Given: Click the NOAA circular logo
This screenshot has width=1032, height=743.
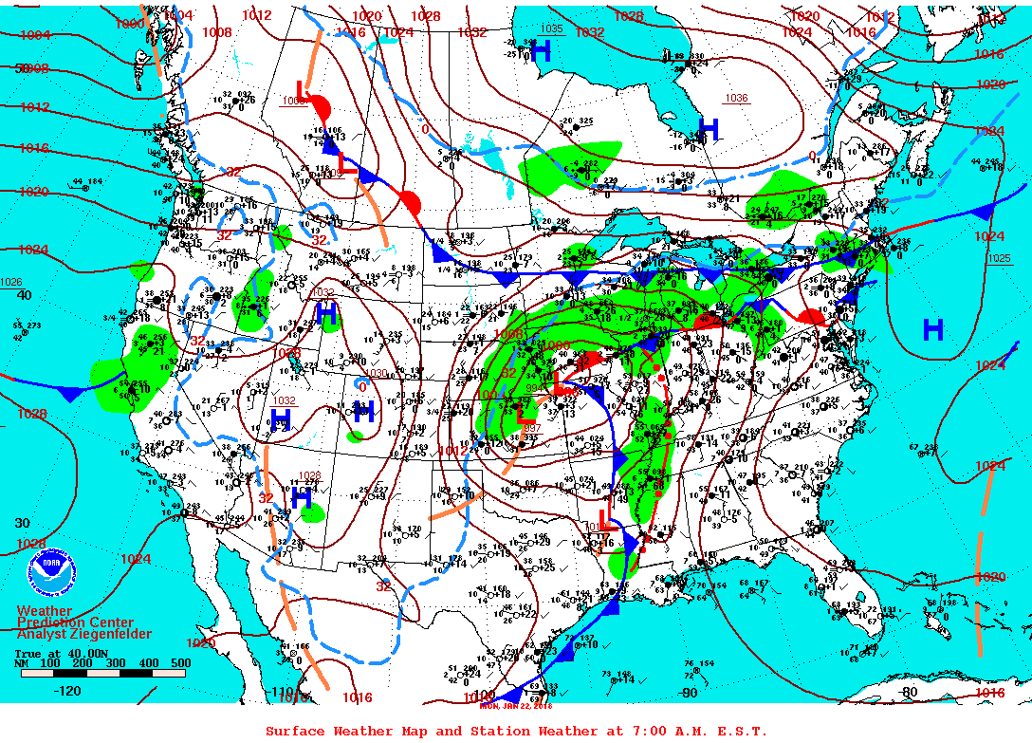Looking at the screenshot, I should tap(49, 570).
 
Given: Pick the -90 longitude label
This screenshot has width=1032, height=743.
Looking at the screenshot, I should tap(690, 693).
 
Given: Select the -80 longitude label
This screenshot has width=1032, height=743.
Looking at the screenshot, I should tap(909, 692).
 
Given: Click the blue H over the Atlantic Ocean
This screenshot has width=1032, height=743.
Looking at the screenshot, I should tap(933, 329).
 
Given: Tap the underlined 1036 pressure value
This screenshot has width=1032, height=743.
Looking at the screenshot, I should tap(736, 99).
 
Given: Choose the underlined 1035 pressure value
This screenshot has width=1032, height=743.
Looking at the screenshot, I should tap(551, 29).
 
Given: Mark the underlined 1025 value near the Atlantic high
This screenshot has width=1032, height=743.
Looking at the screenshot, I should tap(999, 258).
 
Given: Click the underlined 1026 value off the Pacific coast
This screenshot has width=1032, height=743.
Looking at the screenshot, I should tap(10, 282).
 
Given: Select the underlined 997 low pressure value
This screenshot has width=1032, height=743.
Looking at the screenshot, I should tap(532, 428).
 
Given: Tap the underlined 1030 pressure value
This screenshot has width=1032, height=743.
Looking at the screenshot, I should tap(378, 373).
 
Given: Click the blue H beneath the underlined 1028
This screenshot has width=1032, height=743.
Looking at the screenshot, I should tap(303, 496).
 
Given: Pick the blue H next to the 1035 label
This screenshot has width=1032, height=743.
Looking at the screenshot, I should tap(542, 52).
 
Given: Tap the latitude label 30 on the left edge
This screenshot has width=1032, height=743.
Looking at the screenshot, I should tap(22, 523).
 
